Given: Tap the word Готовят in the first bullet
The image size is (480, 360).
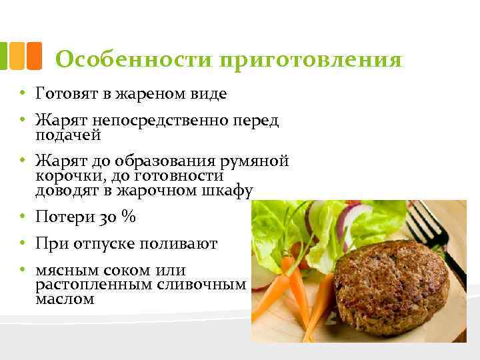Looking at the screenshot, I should [66, 93].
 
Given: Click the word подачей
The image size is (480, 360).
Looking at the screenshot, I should [68, 135].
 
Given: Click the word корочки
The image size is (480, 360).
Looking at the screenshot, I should [66, 176].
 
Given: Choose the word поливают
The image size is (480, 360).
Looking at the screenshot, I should [179, 245].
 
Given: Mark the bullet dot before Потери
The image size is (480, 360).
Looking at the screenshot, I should [22, 217].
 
